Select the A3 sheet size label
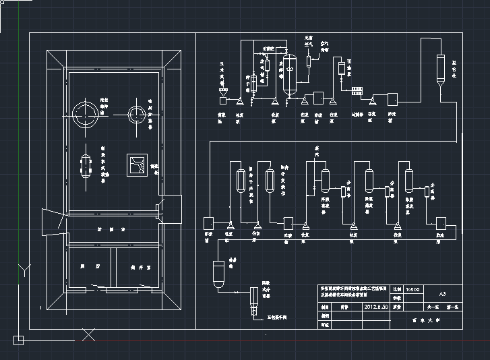pos(442,295)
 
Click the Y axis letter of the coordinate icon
pos(24,271)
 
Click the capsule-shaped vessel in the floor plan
pos(86,165)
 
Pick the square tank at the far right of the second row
pos(442,222)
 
